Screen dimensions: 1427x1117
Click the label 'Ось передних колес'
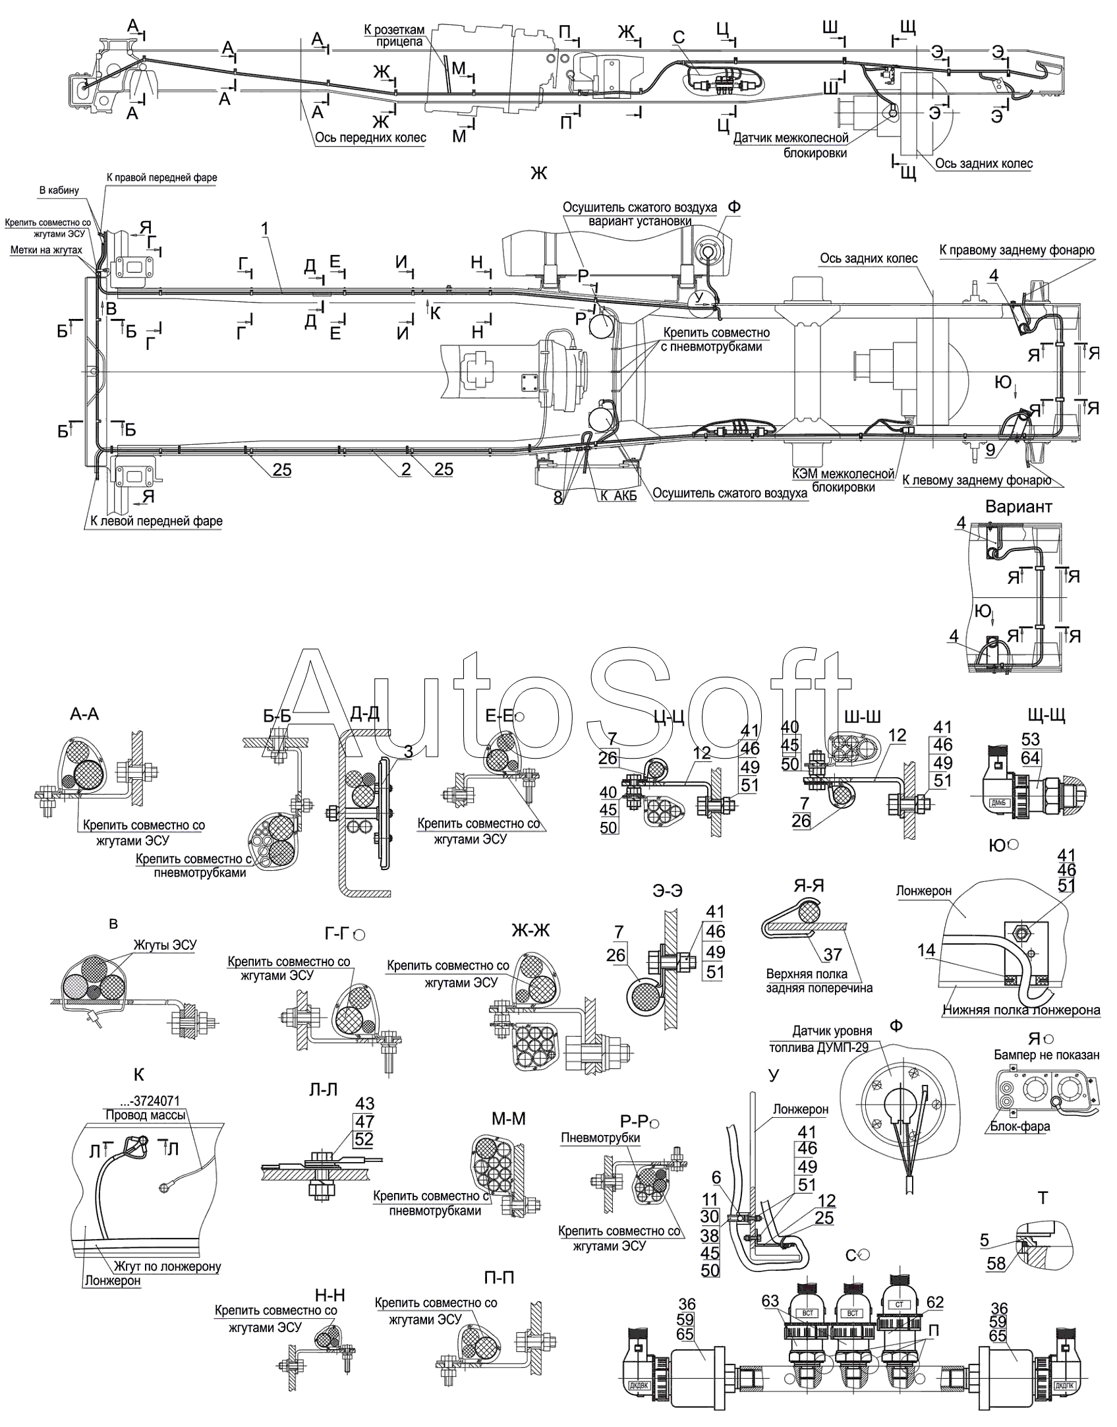370,138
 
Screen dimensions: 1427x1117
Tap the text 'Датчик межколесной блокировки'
790,146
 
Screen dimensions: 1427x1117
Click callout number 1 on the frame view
264,229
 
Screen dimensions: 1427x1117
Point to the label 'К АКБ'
618,496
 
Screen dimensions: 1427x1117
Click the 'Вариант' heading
1018,507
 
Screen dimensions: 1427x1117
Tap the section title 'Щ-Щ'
1046,714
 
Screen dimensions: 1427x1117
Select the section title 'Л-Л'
323,1090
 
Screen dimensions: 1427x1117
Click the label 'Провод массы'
145,1115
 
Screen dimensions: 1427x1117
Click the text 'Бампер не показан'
1046,1055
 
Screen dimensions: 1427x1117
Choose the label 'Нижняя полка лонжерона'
1021,1010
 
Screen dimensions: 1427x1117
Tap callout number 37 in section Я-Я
832,954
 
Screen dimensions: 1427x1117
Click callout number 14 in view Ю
926,950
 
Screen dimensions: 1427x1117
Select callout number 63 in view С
770,1301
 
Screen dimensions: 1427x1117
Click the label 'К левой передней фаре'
156,521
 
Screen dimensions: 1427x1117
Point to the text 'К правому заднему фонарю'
1016,250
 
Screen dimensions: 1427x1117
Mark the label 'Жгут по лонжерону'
167,1266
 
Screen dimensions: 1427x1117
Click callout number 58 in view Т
996,1263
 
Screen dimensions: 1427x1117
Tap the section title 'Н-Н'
330,1296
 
